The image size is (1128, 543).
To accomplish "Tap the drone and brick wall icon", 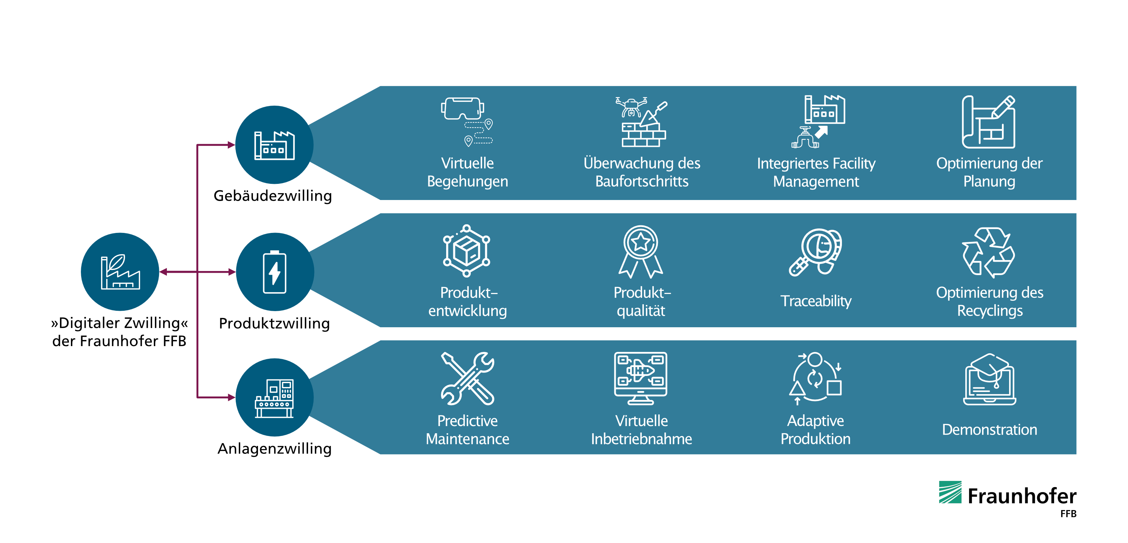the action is (642, 122).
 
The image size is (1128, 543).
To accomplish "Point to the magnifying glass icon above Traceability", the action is (816, 252).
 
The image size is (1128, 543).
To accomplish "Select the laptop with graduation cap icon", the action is (990, 379).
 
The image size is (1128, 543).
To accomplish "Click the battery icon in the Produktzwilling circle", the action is (274, 272).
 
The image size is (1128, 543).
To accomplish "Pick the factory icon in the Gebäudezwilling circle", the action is (274, 145).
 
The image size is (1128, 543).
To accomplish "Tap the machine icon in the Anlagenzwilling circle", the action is (274, 398).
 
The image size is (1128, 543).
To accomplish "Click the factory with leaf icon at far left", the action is (120, 272).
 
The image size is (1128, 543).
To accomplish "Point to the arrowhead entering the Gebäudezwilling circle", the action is (232, 145).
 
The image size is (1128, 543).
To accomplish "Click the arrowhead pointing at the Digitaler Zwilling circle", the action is (163, 272).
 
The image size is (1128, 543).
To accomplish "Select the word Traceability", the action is (816, 301).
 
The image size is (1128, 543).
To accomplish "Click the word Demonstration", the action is (990, 429).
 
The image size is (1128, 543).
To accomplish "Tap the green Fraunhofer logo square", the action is (950, 492).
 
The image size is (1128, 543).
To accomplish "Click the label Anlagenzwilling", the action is (274, 449).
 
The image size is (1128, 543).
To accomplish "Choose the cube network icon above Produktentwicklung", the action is (466, 251).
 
